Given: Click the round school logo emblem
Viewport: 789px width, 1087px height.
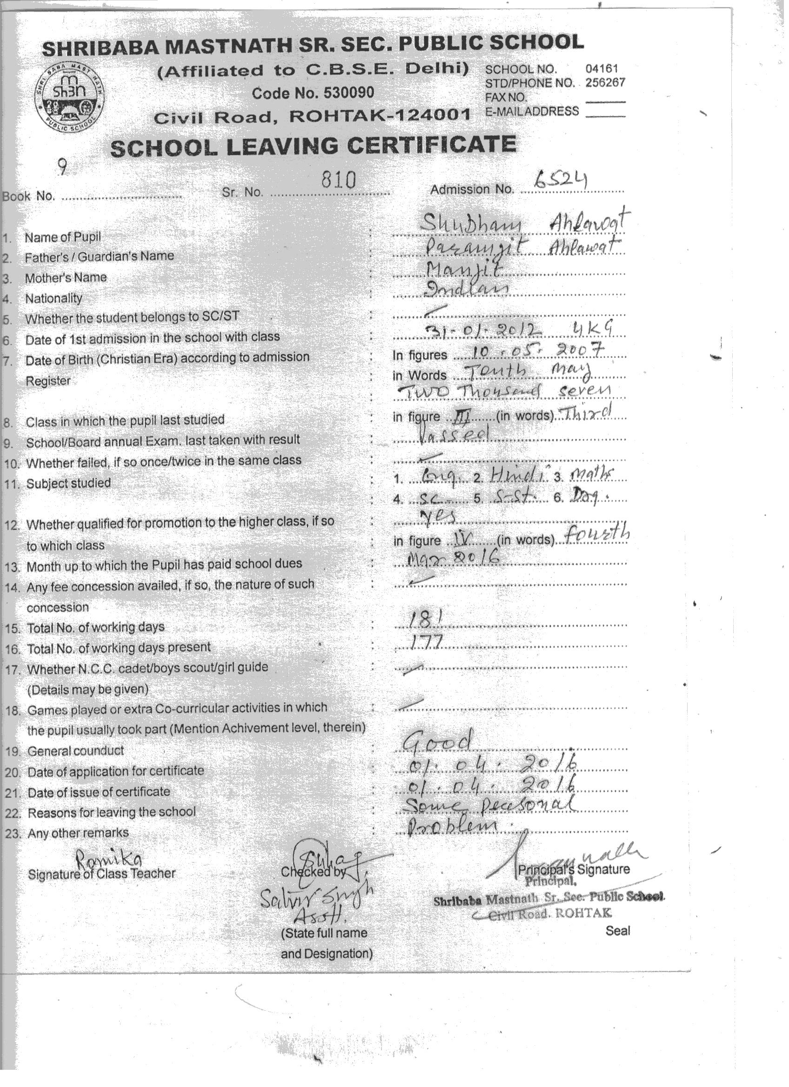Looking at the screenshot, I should (70, 97).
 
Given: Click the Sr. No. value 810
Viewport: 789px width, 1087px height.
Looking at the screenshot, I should (339, 180).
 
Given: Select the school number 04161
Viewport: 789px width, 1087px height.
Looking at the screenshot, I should (602, 68).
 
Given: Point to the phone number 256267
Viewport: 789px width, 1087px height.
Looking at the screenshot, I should (605, 82).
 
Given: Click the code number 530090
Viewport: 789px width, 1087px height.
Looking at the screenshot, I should (349, 93).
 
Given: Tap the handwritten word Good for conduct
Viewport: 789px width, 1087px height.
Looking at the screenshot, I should (437, 742).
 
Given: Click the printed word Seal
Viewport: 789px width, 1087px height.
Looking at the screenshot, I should (618, 931).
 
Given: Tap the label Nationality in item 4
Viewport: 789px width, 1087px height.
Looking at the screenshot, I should (53, 298).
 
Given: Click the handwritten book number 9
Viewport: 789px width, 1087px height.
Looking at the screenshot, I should (62, 167).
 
